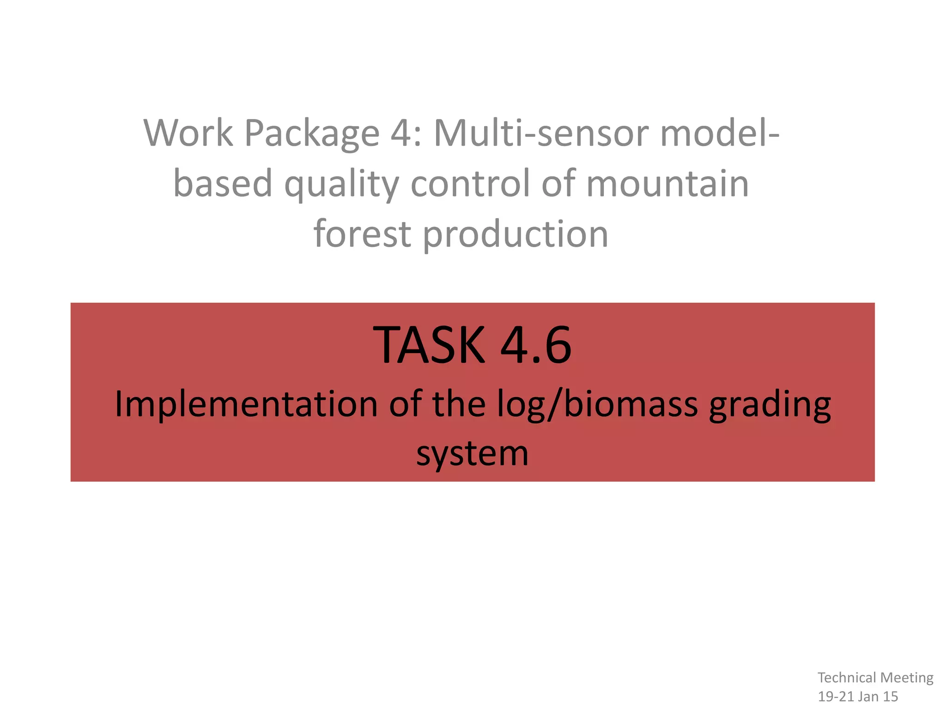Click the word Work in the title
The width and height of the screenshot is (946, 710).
coord(188,133)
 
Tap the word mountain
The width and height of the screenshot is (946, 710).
coord(667,184)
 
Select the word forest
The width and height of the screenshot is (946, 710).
coord(362,234)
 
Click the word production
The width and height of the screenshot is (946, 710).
coord(515,235)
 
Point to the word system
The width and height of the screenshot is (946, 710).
coord(472,454)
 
